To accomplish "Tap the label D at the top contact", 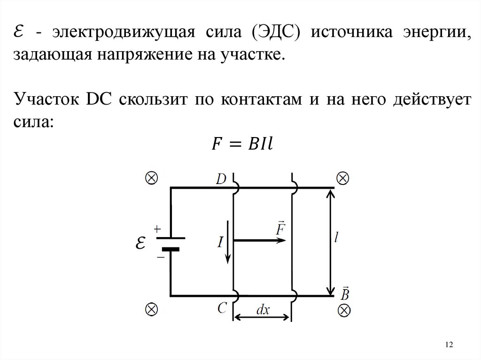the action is pos(221,179).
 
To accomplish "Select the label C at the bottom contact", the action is pos(222,308).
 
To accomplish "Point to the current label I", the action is pos(220,242).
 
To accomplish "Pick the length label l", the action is pos(336,238).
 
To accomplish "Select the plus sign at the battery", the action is pos(157,229).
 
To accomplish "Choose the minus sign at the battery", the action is pos(160,257).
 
